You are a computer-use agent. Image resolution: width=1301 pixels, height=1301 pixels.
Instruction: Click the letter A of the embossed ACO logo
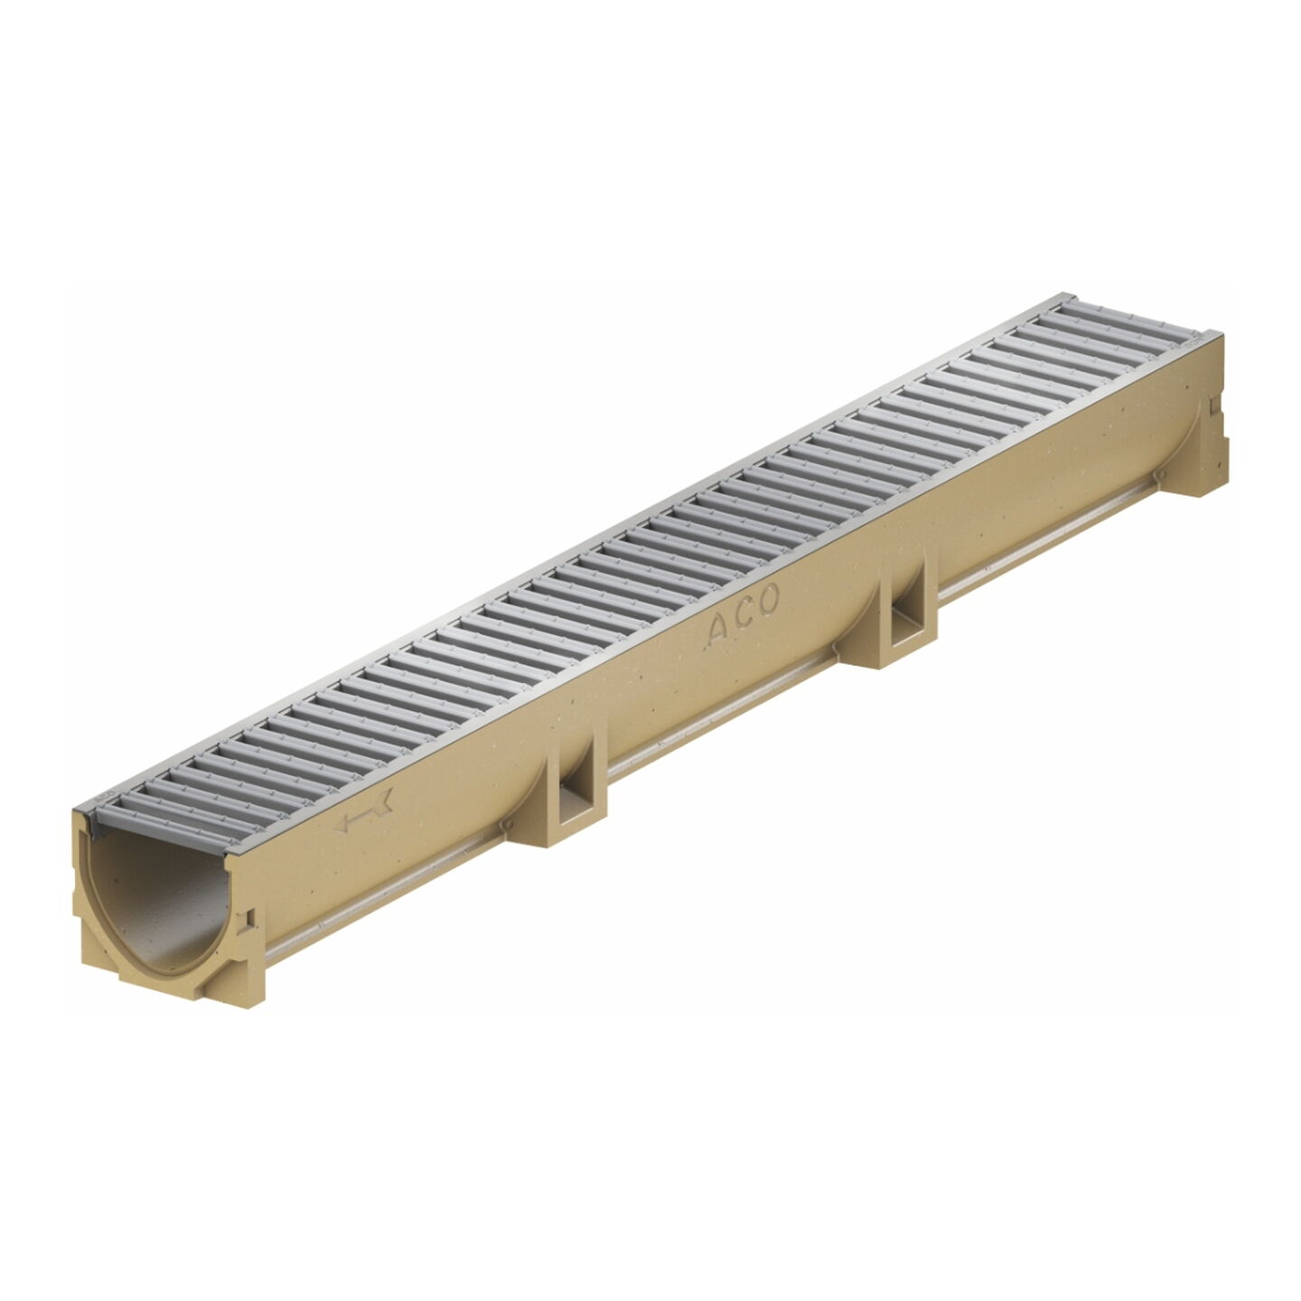click(717, 631)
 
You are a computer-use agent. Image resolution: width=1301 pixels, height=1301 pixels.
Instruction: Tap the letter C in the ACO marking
click(744, 614)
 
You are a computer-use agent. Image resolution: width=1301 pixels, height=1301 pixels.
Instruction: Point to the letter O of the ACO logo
click(768, 599)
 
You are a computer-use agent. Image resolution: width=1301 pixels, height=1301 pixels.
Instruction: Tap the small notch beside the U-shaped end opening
click(250, 917)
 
